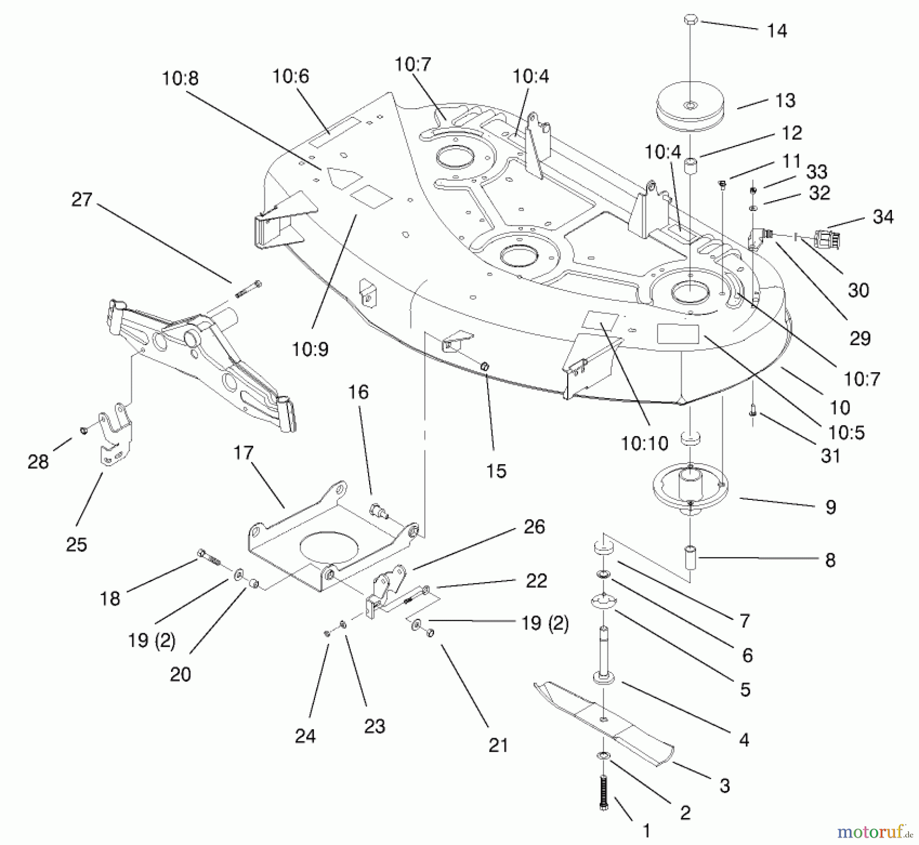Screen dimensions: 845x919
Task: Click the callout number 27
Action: click(x=82, y=200)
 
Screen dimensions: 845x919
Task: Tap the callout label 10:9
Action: click(x=310, y=349)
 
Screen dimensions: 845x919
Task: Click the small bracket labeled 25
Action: click(x=115, y=434)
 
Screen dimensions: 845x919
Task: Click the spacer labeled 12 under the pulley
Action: click(x=690, y=166)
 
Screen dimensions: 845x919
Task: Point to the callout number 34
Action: click(x=883, y=217)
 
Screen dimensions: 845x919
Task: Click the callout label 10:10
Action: click(x=644, y=443)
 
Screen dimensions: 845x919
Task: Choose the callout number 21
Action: click(x=498, y=745)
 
